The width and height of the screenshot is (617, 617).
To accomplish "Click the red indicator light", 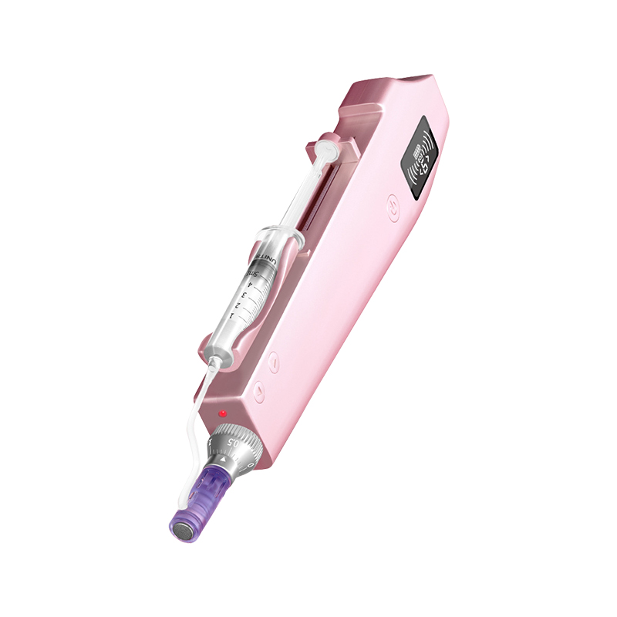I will pyautogui.click(x=223, y=413).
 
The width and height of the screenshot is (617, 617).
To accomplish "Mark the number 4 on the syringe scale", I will pyautogui.click(x=249, y=284).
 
